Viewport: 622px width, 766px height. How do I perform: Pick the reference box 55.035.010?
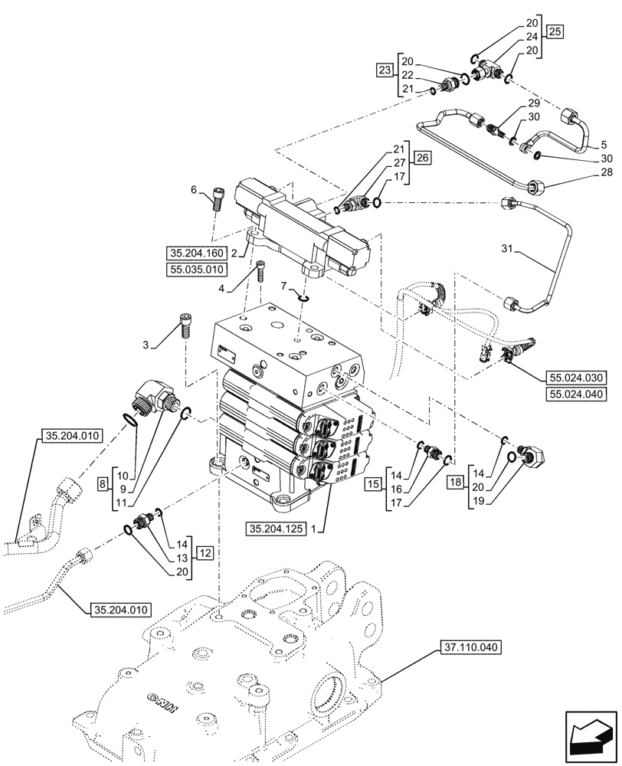pyautogui.click(x=195, y=270)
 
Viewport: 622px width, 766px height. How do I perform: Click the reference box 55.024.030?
pyautogui.click(x=575, y=378)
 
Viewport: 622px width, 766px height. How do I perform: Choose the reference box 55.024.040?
pyautogui.click(x=575, y=394)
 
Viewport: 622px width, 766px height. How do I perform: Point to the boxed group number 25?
pyautogui.click(x=555, y=32)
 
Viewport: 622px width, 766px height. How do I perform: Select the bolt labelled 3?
pyautogui.click(x=185, y=327)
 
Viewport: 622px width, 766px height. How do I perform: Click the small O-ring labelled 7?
pyautogui.click(x=303, y=300)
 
